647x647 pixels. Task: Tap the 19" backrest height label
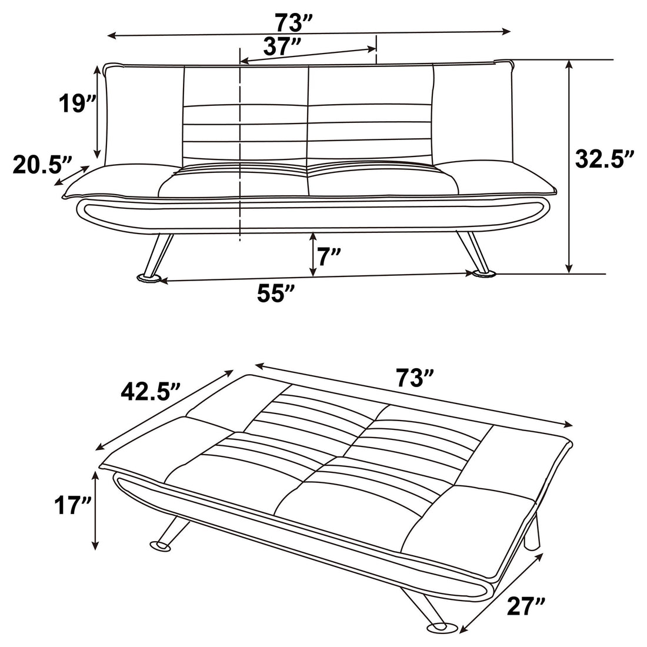[x=76, y=104]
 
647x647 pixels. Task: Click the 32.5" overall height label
[x=604, y=159]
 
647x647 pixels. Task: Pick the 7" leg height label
[x=329, y=256]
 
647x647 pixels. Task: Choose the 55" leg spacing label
[x=275, y=294]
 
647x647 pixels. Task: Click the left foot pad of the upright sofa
[x=148, y=278]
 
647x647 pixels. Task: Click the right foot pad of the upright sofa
[x=482, y=273]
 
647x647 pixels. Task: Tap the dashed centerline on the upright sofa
[x=240, y=147]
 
